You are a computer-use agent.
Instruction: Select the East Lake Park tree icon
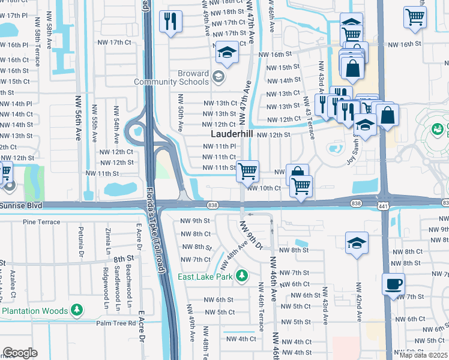[x=241, y=275]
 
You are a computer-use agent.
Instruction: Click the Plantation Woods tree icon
[x=76, y=310]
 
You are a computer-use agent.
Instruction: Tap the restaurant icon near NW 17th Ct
[x=170, y=22]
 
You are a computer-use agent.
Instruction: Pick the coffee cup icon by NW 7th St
[x=393, y=284]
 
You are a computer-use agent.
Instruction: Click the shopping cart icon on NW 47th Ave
[x=247, y=171]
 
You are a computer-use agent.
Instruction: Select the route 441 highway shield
[x=382, y=205]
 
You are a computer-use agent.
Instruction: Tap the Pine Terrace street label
[x=41, y=222]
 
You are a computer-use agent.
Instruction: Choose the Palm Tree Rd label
[x=117, y=323]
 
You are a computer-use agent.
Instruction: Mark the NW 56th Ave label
[x=77, y=118]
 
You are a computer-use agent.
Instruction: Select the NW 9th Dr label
[x=252, y=236]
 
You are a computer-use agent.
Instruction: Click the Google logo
[x=20, y=353]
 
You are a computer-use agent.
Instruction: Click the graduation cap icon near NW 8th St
[x=357, y=243]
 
